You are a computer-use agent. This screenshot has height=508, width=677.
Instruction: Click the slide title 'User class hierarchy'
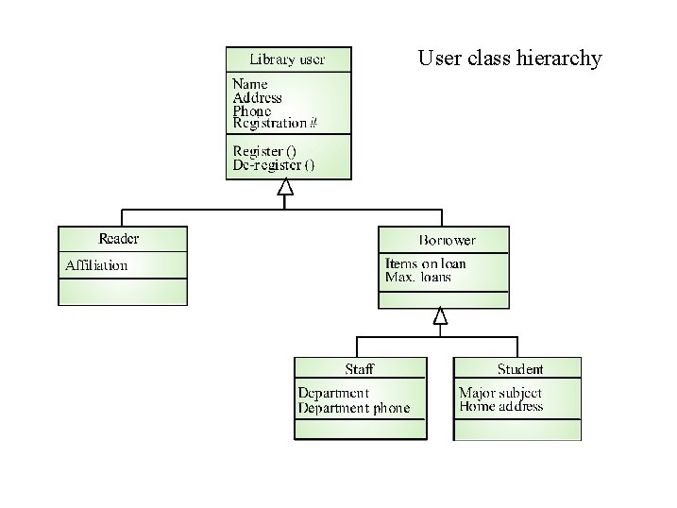point(509,59)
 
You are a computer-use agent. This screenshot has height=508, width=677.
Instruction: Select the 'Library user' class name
point(287,59)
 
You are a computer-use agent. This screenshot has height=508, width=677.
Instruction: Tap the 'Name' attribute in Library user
point(250,84)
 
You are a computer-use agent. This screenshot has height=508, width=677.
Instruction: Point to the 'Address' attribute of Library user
point(257,97)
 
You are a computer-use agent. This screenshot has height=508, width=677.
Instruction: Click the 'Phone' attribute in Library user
point(252,110)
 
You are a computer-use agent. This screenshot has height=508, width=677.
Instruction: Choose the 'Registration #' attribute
point(275,123)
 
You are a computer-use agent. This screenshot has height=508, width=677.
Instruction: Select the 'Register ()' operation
point(263,150)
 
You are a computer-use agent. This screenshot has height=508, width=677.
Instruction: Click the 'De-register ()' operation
point(274,164)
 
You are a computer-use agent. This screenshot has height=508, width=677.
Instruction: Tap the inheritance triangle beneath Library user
point(285,188)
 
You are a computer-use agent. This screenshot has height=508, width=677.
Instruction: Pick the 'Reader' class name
point(119,238)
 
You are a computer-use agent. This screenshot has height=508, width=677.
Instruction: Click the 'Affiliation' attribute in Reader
point(96,265)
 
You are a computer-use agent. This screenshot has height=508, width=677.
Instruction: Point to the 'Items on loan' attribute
point(426,263)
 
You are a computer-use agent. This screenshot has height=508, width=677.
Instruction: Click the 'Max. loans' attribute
point(418,277)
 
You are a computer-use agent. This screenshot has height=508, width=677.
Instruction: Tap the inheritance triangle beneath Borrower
point(439,316)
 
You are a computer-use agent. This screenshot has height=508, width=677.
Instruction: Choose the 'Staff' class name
point(359,368)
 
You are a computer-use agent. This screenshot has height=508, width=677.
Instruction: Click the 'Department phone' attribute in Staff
point(354,408)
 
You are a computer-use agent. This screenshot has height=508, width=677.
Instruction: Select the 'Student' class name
point(520,368)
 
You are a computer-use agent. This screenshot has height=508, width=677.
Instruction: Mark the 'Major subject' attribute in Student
point(500,393)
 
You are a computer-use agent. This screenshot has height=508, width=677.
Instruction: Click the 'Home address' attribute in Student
point(500,407)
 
